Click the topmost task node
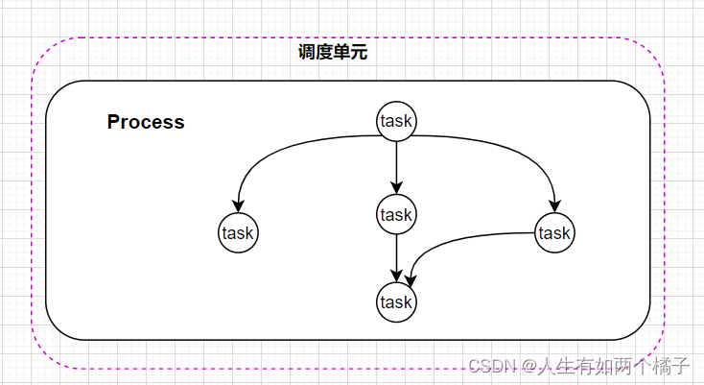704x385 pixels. tap(396, 121)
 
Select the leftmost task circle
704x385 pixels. tap(238, 232)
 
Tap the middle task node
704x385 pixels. tap(396, 213)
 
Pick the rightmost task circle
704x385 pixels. tap(554, 232)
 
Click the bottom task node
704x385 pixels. tap(396, 302)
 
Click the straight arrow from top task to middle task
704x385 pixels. tap(396, 163)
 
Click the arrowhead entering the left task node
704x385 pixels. tap(238, 205)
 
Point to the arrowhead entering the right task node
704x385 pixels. tap(554, 205)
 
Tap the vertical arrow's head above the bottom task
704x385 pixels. tap(396, 276)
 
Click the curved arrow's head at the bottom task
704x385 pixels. tap(410, 279)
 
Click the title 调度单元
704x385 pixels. tap(333, 53)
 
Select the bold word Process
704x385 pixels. tap(146, 123)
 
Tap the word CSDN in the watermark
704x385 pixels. tap(489, 366)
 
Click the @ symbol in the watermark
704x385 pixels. tap(527, 366)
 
